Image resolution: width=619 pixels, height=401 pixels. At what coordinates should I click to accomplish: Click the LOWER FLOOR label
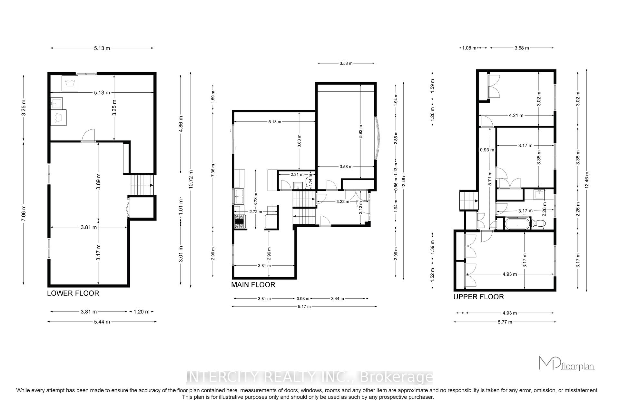(x=73, y=293)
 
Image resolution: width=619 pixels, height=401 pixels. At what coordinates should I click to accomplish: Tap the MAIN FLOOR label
(x=253, y=285)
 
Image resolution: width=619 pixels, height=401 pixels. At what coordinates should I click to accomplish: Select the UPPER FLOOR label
(x=478, y=297)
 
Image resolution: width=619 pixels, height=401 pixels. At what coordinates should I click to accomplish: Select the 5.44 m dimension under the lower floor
(x=102, y=322)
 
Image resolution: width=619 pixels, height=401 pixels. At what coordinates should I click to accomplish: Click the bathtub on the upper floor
(x=517, y=224)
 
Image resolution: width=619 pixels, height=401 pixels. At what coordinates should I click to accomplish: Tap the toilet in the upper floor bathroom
(x=538, y=223)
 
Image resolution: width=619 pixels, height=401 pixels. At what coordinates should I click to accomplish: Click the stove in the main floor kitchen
(x=239, y=222)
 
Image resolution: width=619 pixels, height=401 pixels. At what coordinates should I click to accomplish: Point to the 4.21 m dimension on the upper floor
(x=516, y=115)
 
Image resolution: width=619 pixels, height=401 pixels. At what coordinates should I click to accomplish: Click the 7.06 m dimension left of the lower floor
(x=23, y=212)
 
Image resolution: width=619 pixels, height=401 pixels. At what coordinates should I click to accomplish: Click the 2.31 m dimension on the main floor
(x=297, y=174)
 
